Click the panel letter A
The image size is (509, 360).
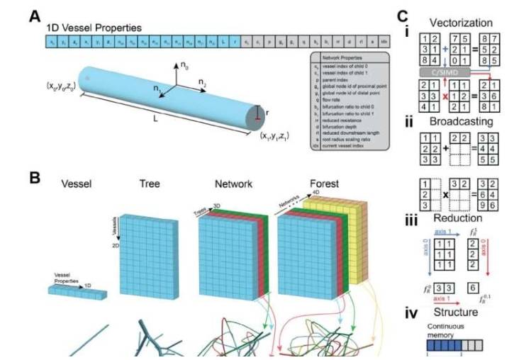[x=33, y=14]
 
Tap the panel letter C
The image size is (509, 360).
[x=402, y=14]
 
